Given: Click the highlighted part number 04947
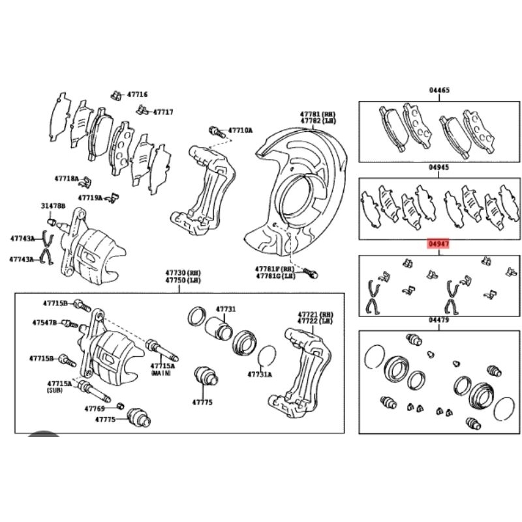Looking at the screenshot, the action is click(x=439, y=244).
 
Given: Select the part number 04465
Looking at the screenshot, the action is click(x=439, y=90).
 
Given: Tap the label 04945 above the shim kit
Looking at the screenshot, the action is click(x=439, y=168).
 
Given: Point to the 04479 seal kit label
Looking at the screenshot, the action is click(x=439, y=320).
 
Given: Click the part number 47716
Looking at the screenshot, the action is click(x=138, y=95).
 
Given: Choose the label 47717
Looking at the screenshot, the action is click(x=162, y=112).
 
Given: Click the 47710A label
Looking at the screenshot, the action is click(x=239, y=130).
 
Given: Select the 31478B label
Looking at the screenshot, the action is click(x=54, y=206).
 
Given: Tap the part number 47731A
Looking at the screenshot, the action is click(x=260, y=375).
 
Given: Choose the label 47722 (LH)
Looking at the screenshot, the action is click(x=316, y=322).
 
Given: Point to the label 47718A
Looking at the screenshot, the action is click(x=67, y=177).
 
